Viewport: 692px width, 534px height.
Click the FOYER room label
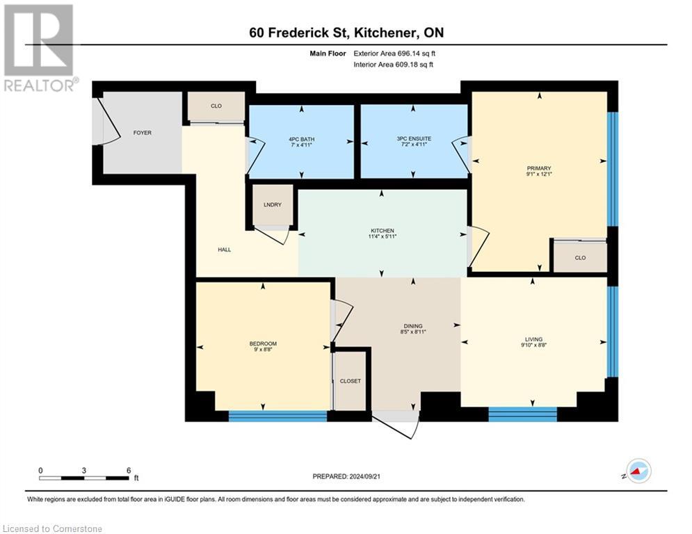pos(143,133)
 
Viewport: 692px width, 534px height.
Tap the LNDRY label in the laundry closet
pos(272,204)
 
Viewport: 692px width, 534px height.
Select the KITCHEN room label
pos(382,231)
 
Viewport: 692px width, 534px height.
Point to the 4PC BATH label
pos(302,139)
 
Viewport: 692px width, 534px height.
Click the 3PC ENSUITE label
pos(414,139)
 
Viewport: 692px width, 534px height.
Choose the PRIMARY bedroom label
pos(539,168)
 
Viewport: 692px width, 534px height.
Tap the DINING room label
pos(412,326)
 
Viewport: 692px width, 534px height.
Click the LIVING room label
pos(533,339)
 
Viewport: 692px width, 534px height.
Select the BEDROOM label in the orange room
pos(263,343)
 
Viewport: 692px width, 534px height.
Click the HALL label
pos(224,250)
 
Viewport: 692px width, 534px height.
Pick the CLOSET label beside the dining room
pos(351,381)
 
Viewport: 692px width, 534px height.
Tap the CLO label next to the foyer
pos(216,106)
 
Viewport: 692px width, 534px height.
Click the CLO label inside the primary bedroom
pos(580,257)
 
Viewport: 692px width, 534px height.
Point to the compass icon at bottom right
pos(638,472)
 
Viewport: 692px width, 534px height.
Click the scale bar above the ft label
pos(84,478)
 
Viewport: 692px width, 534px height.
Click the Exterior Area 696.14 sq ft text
pos(394,53)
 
